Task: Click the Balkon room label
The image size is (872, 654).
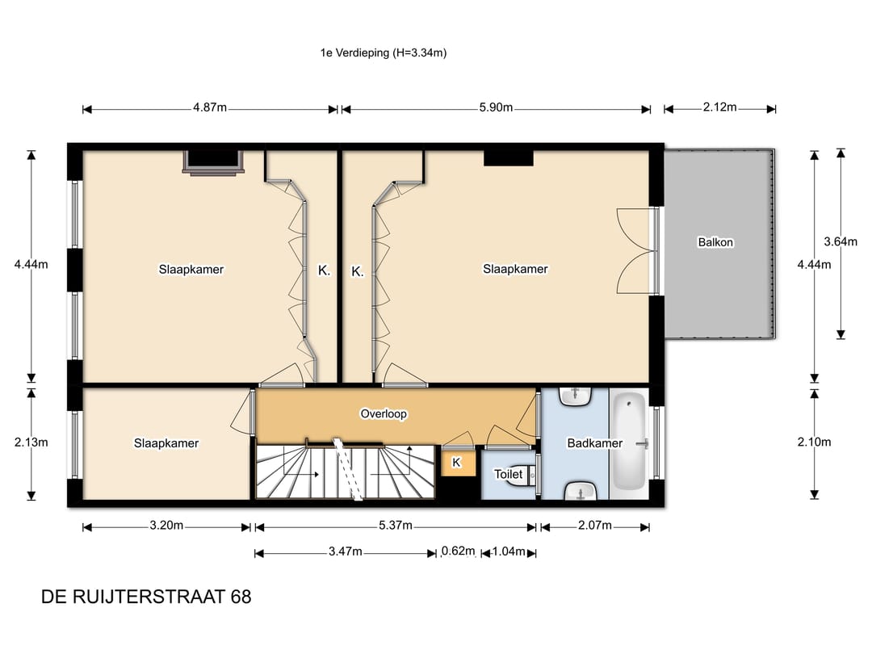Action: tap(715, 242)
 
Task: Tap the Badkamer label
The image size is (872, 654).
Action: tap(594, 443)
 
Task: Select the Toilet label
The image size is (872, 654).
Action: tap(509, 474)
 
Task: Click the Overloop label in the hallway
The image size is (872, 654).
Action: tap(384, 413)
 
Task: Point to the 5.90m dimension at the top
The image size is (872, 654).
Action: tap(496, 107)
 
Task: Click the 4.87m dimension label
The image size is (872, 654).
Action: tap(210, 107)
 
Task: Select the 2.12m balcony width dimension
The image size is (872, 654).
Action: tap(719, 107)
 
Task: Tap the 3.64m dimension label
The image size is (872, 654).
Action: tap(841, 241)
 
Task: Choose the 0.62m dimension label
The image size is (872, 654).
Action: tap(459, 551)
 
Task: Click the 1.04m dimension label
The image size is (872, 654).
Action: tap(509, 551)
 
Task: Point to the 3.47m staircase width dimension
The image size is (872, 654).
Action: tap(345, 551)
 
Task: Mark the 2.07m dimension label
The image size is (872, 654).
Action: tap(594, 525)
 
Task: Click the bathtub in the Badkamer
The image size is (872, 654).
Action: tap(629, 443)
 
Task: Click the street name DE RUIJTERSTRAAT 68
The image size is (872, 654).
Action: tap(146, 597)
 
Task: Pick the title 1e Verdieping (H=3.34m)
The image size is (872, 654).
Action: tap(384, 52)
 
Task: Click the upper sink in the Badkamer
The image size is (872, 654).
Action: tap(576, 396)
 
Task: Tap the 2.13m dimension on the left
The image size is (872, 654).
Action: tap(31, 442)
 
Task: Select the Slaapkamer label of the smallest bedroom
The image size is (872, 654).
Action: tap(166, 443)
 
